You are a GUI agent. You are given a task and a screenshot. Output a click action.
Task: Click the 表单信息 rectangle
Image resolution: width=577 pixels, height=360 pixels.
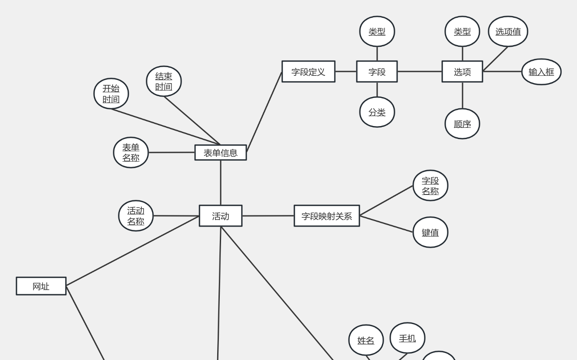click(221, 152)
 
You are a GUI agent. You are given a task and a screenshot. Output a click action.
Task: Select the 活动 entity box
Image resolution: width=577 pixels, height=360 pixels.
click(221, 216)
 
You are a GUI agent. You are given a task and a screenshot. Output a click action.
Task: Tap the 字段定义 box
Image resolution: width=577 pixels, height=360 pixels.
click(308, 71)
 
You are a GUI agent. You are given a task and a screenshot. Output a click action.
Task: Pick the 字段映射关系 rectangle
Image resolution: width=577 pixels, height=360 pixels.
click(327, 216)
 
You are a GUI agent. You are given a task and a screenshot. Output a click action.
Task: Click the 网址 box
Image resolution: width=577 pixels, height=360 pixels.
click(41, 286)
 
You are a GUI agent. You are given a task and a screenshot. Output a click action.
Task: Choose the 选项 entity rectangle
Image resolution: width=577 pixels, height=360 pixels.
click(462, 71)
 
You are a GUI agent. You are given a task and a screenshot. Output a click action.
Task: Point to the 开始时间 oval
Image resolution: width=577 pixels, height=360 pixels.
click(111, 94)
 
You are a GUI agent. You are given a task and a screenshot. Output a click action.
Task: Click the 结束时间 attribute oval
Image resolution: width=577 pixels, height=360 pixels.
click(164, 81)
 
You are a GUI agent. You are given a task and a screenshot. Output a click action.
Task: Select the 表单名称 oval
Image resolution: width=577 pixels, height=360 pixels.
click(131, 152)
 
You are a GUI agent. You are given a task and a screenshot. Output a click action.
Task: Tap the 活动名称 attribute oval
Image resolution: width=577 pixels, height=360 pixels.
click(136, 216)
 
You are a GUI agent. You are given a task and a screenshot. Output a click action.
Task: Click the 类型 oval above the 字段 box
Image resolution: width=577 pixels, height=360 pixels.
click(377, 32)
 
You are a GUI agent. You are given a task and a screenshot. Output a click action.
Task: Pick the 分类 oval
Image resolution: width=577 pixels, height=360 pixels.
click(377, 112)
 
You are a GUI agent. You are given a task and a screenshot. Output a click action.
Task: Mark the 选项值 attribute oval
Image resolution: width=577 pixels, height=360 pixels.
click(508, 32)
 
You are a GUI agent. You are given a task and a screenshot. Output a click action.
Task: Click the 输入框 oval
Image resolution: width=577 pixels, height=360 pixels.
click(541, 72)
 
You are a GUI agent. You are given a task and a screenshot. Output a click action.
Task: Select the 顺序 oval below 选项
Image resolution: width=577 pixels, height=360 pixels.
click(462, 124)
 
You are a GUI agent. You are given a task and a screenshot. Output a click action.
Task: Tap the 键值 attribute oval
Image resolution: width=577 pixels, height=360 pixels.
click(430, 232)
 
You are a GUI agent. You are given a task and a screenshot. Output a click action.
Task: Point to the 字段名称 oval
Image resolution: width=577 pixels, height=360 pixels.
click(430, 186)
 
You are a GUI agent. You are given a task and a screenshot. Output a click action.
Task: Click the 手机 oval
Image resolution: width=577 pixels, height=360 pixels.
click(407, 338)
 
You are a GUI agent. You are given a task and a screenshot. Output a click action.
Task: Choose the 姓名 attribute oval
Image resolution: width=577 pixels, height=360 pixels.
click(366, 341)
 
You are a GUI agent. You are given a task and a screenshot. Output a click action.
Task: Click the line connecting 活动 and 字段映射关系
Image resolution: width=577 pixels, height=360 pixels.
click(268, 216)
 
